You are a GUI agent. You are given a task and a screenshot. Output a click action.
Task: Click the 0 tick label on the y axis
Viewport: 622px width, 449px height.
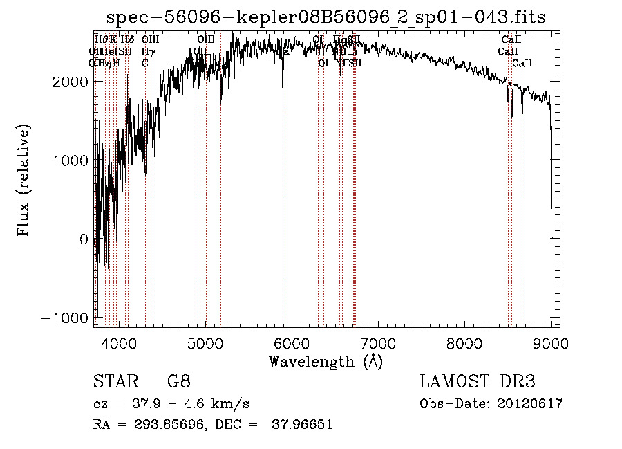(84, 239)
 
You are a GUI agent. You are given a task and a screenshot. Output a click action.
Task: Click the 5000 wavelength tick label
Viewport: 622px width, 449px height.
(205, 341)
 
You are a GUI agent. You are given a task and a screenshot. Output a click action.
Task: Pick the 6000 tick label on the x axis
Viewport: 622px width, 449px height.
(292, 341)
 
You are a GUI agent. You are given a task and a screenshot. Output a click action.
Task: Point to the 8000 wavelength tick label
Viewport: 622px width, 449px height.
(464, 341)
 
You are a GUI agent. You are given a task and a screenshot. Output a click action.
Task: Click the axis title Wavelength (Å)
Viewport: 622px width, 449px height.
(326, 361)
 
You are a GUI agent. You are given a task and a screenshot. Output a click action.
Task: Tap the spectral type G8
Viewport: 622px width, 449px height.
(178, 382)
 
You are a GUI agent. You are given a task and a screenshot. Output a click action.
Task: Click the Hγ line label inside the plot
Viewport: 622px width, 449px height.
(148, 52)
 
